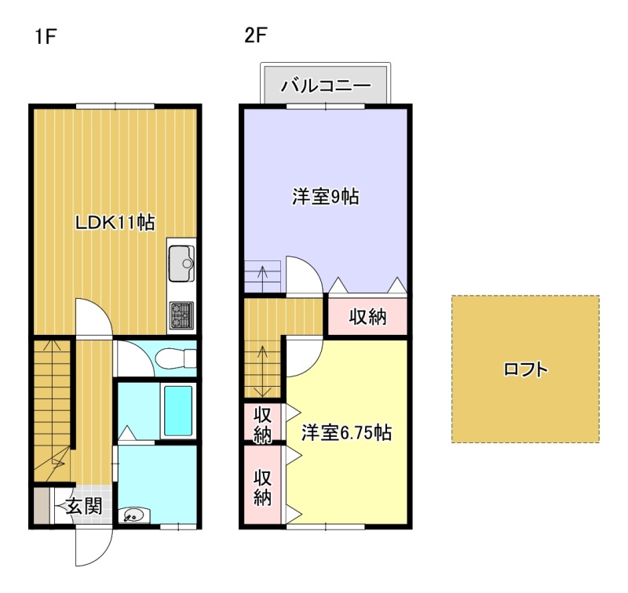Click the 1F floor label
[45, 37]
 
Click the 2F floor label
[255, 35]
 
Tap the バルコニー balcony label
[326, 85]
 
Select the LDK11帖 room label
[115, 223]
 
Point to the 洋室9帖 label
[325, 197]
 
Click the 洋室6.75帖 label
[346, 432]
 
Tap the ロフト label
[525, 369]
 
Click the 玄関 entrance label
[85, 506]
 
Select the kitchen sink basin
[181, 264]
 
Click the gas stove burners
[181, 315]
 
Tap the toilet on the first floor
[175, 358]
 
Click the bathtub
[178, 410]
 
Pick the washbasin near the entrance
[134, 515]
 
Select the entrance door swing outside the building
[94, 547]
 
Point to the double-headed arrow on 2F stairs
[262, 370]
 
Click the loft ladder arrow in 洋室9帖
[263, 278]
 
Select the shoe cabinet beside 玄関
[42, 506]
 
